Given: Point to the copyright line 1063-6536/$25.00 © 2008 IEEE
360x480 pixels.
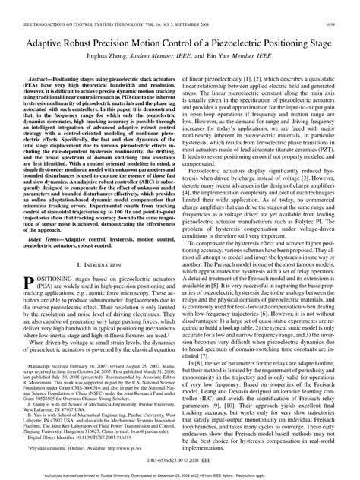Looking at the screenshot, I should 179,460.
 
